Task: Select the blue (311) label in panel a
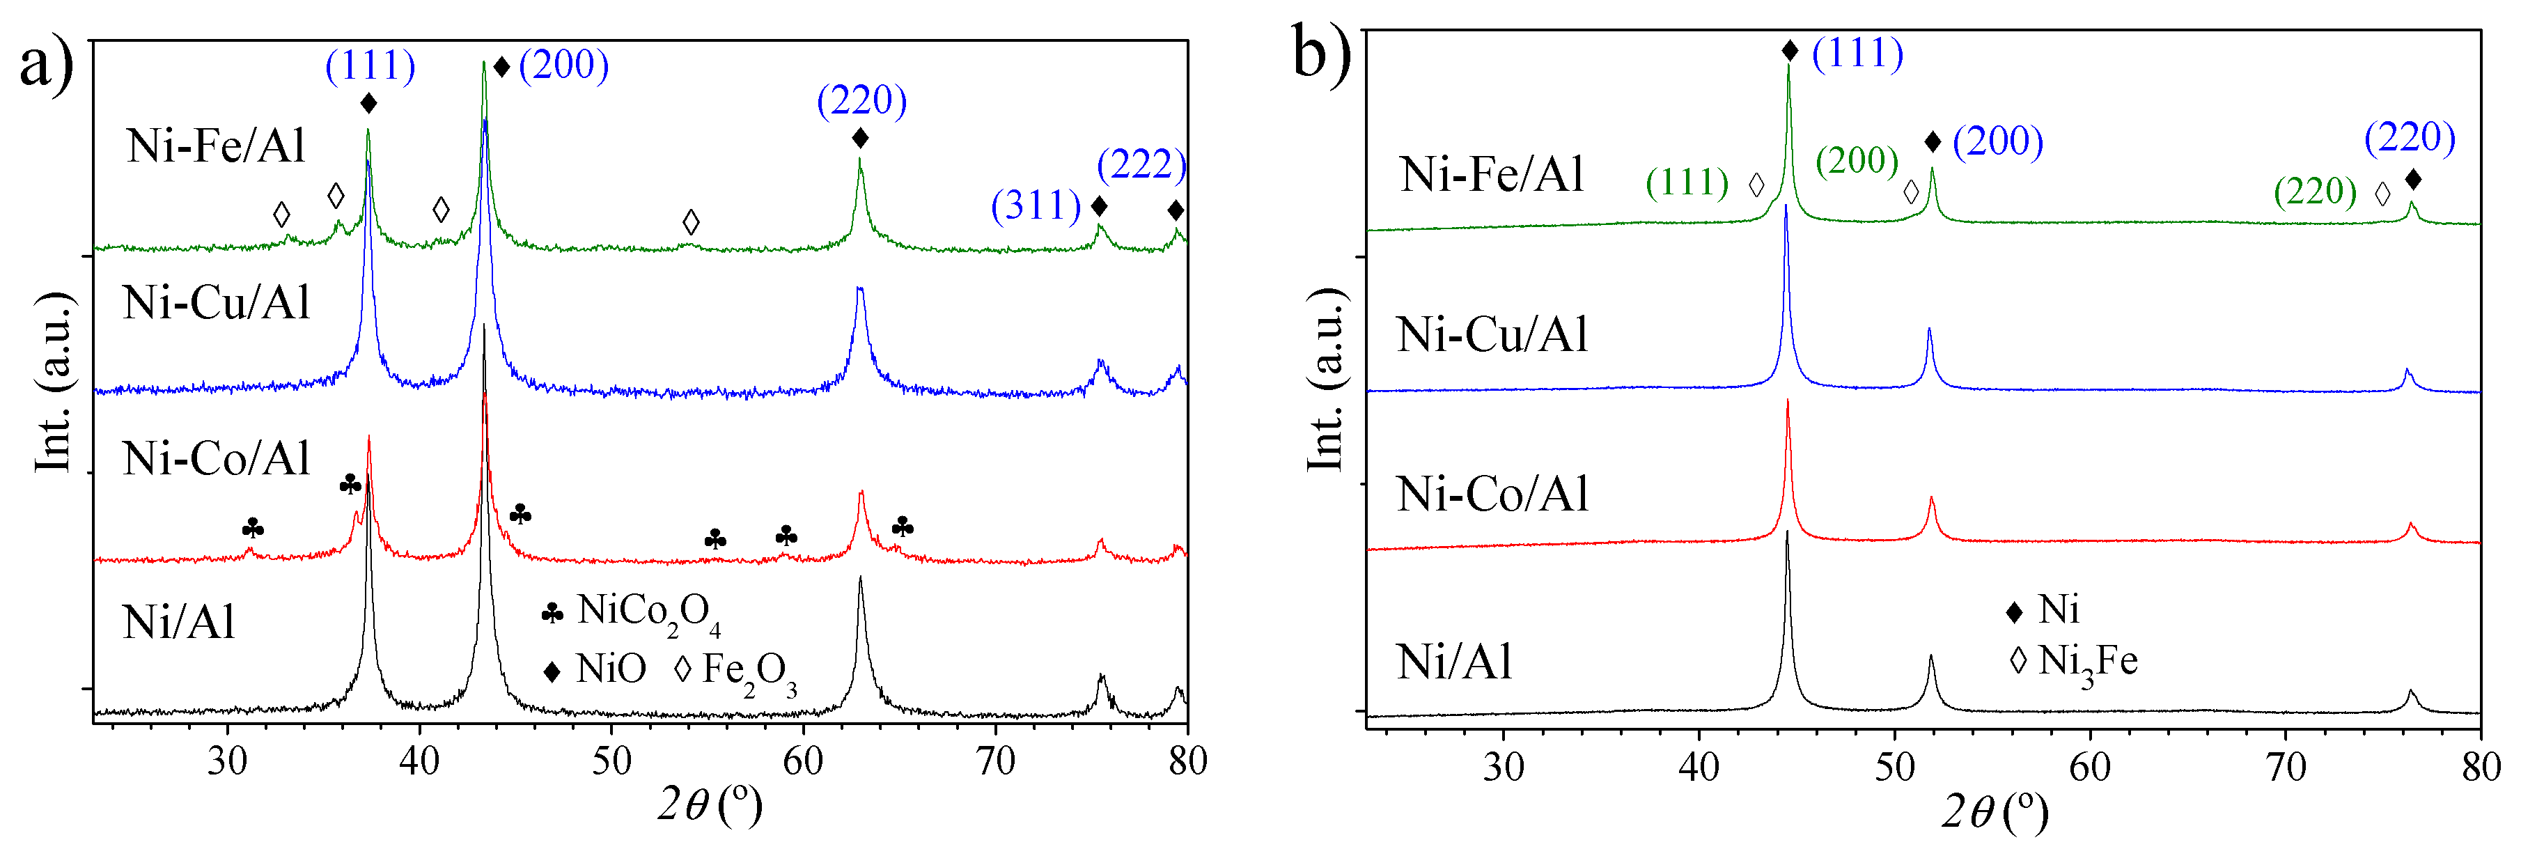[x=1036, y=205]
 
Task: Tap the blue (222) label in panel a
[x=1141, y=164]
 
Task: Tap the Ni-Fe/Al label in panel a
[x=217, y=146]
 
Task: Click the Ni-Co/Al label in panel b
[x=1492, y=494]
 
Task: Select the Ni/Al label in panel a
[x=178, y=622]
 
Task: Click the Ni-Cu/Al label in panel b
[x=1492, y=334]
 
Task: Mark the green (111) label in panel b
[x=1686, y=183]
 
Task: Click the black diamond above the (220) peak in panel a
[x=860, y=138]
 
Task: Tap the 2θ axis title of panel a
[x=708, y=806]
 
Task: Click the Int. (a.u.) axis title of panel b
[x=1325, y=380]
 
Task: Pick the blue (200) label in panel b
[x=1997, y=142]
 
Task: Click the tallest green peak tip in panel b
[x=1788, y=67]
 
